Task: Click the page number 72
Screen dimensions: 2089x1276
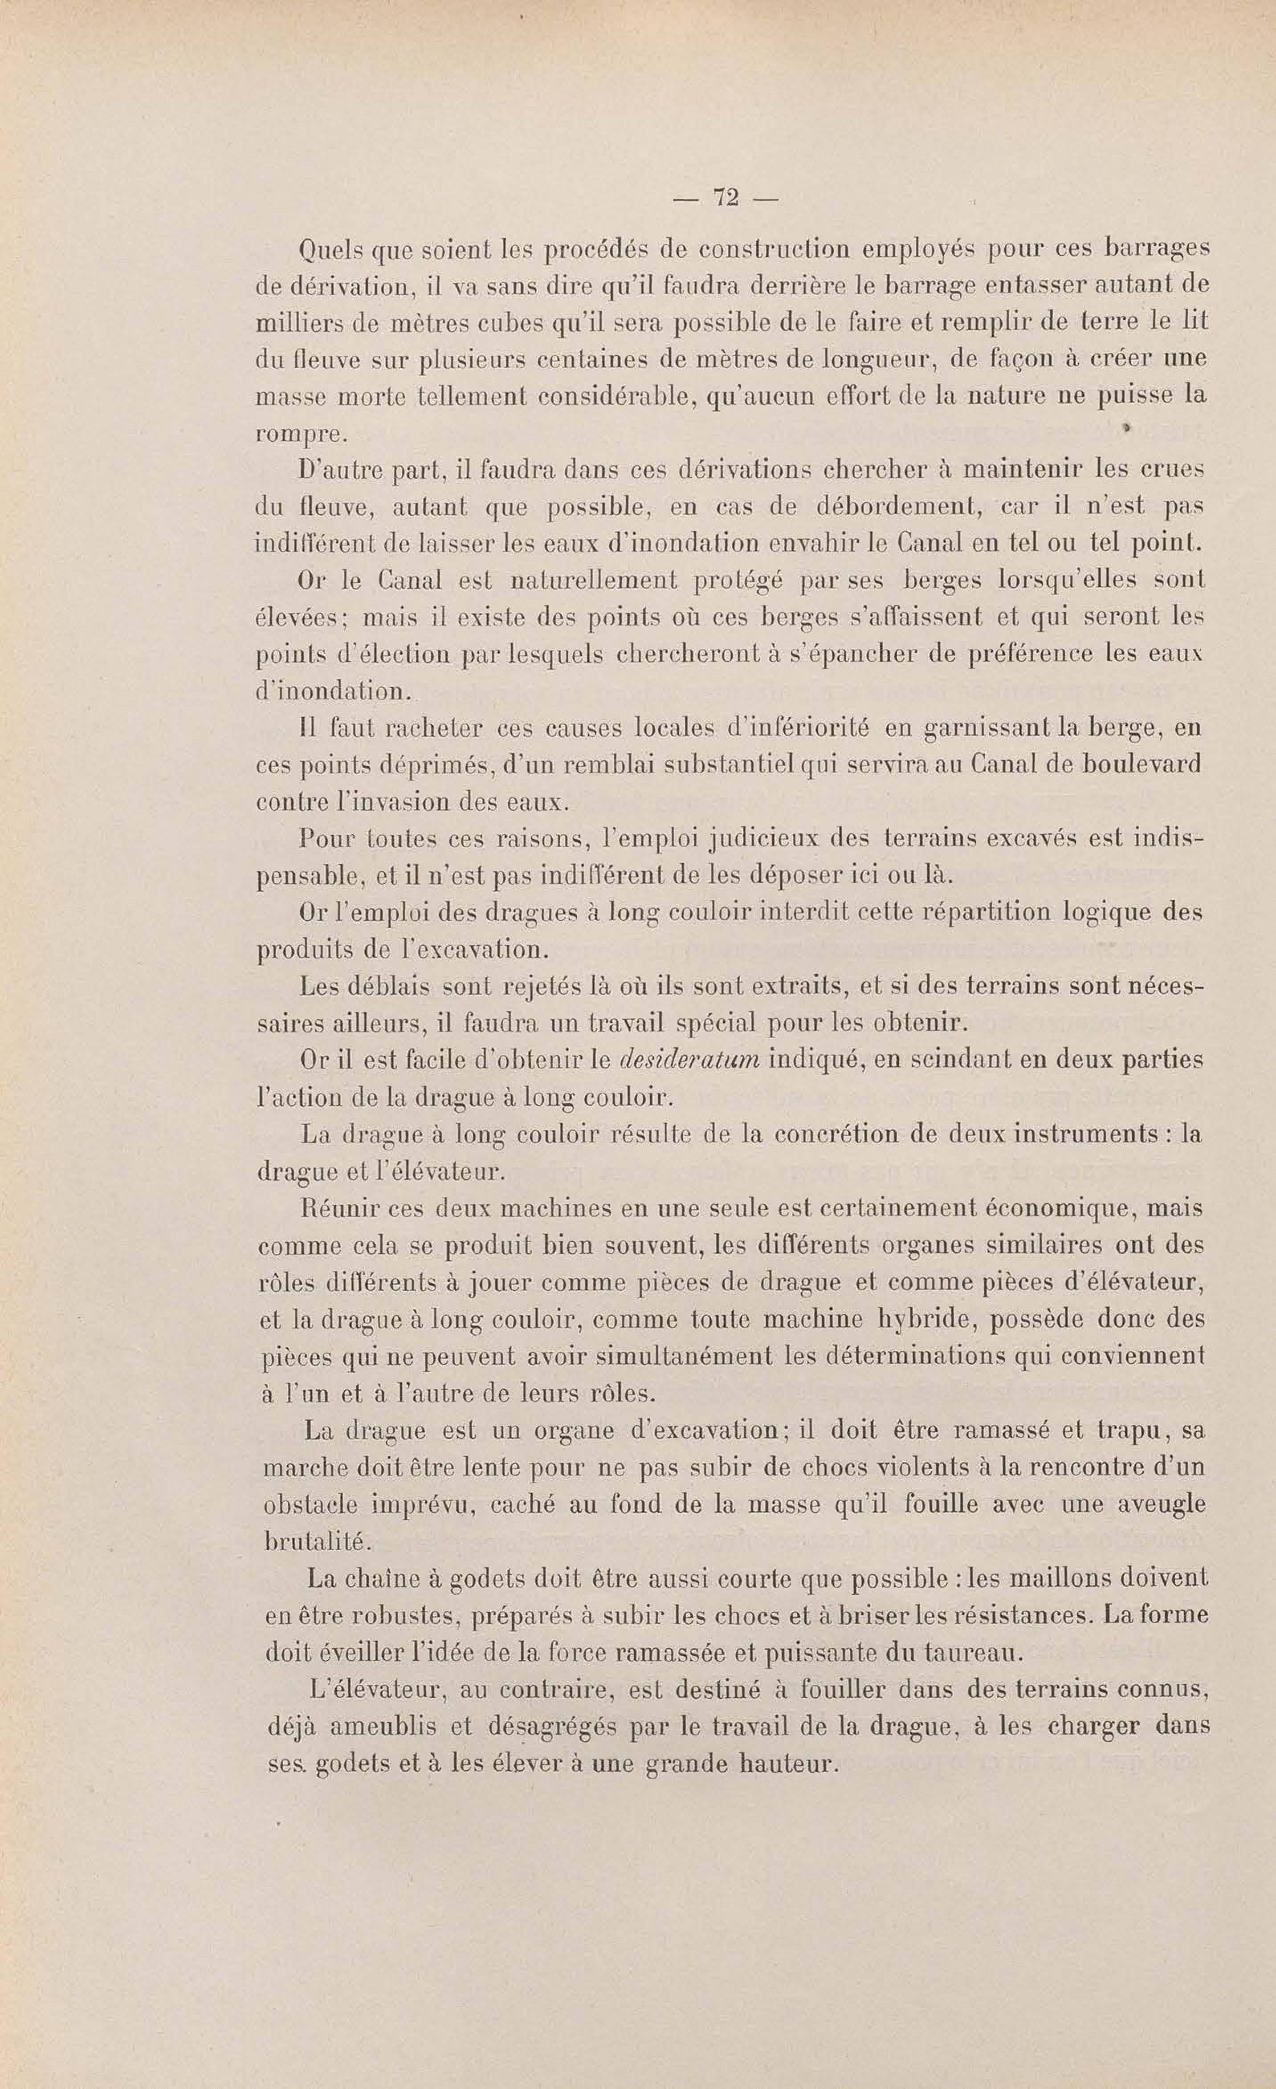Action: click(x=726, y=199)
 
